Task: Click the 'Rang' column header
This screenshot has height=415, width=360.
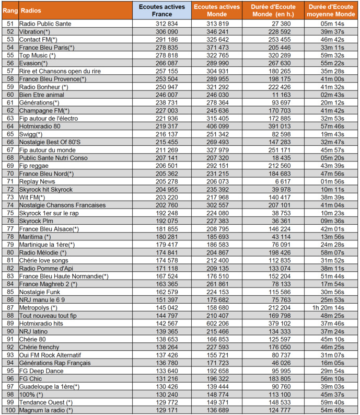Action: click(9, 10)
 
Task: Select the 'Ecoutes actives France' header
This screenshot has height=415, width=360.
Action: click(161, 10)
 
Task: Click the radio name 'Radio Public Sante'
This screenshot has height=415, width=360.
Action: click(45, 24)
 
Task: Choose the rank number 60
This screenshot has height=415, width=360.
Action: click(9, 95)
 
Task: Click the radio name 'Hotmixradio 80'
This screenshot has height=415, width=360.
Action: click(40, 126)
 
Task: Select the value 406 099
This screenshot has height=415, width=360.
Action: click(217, 126)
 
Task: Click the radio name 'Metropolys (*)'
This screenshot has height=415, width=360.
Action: click(38, 308)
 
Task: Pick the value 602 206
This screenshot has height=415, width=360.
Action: click(217, 324)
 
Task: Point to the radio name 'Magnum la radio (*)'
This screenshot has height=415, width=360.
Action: click(46, 410)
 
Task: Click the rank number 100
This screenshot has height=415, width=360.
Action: click(9, 410)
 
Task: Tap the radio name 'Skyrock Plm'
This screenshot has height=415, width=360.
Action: click(37, 221)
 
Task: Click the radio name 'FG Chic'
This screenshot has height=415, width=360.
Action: click(31, 379)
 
